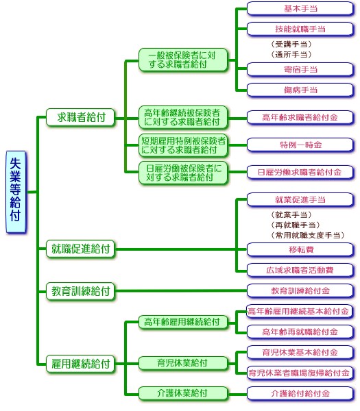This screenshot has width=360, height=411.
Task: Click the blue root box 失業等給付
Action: [x=16, y=192]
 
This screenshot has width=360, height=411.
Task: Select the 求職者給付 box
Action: [x=80, y=117]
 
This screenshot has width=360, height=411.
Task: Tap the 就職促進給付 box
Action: [x=80, y=249]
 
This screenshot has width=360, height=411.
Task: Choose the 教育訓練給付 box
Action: [x=80, y=291]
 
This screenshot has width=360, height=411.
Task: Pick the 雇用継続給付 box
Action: [x=80, y=364]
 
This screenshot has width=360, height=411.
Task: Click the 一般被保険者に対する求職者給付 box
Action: [x=183, y=60]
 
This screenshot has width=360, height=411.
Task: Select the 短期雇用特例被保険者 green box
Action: [x=183, y=145]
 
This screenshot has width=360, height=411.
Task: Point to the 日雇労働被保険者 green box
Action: [x=183, y=173]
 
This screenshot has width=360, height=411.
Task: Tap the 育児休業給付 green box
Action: [x=183, y=363]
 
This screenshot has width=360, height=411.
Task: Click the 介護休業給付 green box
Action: [x=183, y=393]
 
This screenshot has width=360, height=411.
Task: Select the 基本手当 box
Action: [x=300, y=9]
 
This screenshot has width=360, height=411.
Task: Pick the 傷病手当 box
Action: [x=300, y=90]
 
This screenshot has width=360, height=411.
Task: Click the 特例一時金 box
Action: [x=300, y=145]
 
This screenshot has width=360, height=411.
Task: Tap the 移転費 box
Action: [x=300, y=249]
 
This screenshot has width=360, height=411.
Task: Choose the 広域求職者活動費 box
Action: [x=300, y=271]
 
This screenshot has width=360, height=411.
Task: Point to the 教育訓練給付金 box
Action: [x=300, y=290]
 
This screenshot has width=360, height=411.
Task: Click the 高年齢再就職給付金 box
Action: [x=300, y=332]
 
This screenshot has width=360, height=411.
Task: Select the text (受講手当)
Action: [x=291, y=45]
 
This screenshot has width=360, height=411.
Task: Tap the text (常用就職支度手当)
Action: [x=307, y=235]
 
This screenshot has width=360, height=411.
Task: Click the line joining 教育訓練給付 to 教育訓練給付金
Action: [x=181, y=290]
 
